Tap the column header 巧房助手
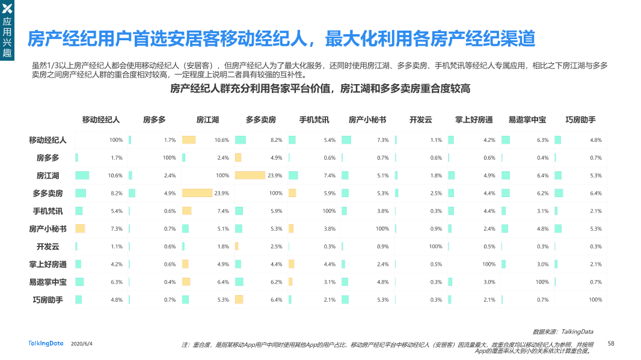(580, 120)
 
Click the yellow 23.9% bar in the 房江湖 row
(250, 175)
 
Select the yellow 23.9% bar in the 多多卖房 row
(197, 194)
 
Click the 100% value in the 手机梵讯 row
(329, 211)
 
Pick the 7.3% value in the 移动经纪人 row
(382, 140)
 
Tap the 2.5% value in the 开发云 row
(276, 246)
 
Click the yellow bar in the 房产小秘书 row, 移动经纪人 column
(80, 229)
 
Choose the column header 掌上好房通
(474, 120)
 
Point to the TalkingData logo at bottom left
(46, 343)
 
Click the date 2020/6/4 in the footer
(82, 344)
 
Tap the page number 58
(611, 343)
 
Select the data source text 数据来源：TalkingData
(563, 331)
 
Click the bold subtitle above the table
(320, 89)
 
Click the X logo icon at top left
(8, 8)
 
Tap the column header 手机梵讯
(314, 120)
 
